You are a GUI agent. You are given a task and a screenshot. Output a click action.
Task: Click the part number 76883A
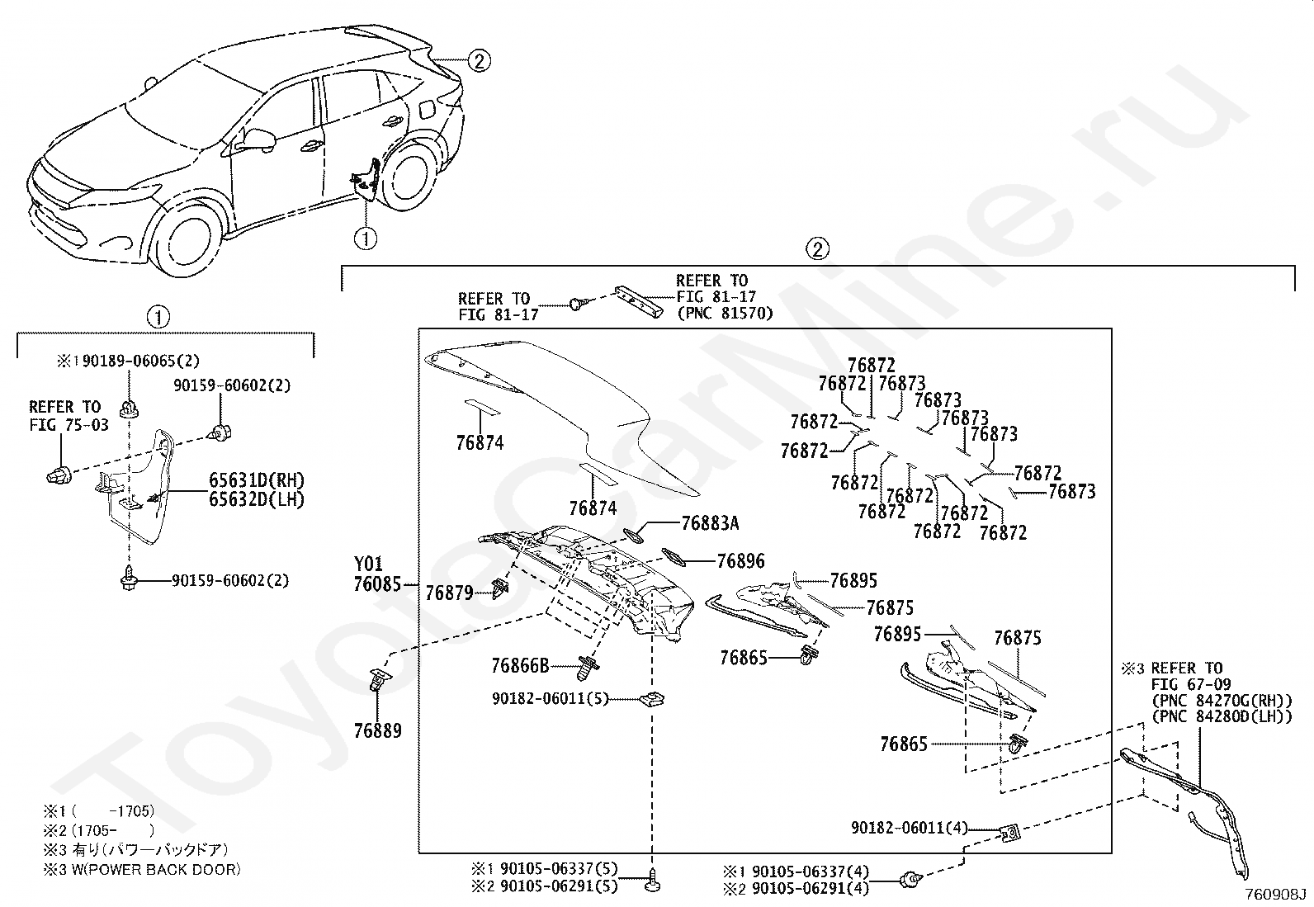[x=710, y=522]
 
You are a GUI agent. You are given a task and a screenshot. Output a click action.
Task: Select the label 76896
[x=741, y=561]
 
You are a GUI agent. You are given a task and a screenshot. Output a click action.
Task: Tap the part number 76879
[x=449, y=593]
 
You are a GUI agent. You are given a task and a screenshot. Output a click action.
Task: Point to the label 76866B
[x=520, y=666]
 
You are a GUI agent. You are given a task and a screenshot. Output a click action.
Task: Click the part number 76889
[x=378, y=731]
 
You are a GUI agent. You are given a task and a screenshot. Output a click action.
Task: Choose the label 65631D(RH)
[x=257, y=480]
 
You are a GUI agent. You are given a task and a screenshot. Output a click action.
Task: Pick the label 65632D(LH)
[x=257, y=500]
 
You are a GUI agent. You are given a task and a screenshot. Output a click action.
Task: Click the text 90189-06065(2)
[x=141, y=361]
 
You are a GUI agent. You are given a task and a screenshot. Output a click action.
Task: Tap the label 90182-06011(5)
[x=551, y=699]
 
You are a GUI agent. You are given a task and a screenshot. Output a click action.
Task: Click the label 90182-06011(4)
[x=910, y=828]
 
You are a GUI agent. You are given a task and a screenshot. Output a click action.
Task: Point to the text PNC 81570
[x=725, y=314]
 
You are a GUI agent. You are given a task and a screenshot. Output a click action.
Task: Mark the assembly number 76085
[x=377, y=584]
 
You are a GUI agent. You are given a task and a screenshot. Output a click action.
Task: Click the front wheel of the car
[x=186, y=240]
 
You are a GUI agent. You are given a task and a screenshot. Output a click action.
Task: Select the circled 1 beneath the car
[x=366, y=239]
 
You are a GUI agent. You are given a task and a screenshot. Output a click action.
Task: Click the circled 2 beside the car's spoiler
[x=480, y=60]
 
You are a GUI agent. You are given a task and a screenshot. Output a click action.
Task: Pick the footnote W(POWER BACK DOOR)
[x=156, y=870]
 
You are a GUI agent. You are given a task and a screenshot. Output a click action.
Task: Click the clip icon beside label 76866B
[x=588, y=668]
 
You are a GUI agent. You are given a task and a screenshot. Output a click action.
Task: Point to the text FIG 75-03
[x=69, y=425]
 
